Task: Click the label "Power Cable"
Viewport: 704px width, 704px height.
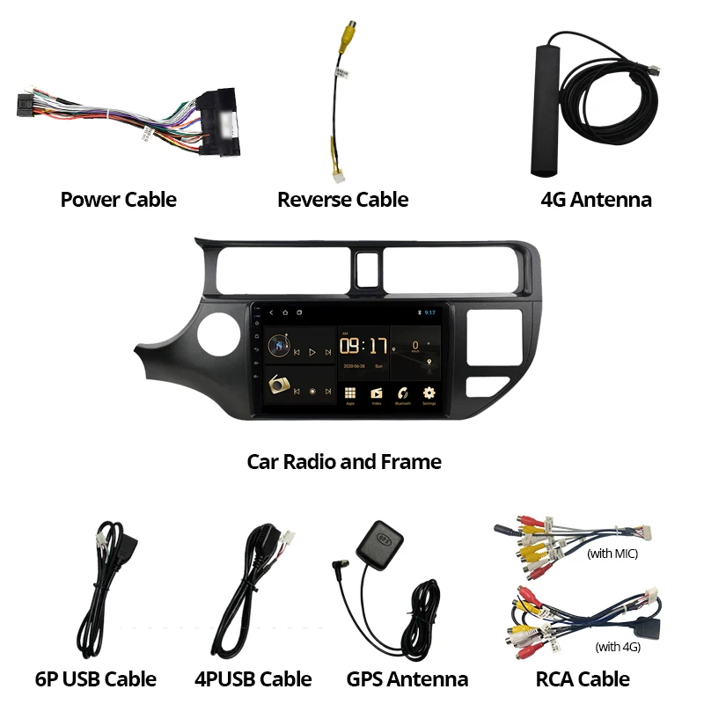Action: [118, 200]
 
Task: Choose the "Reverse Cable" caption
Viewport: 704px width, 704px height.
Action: [342, 200]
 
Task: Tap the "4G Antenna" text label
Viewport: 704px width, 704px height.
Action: [596, 200]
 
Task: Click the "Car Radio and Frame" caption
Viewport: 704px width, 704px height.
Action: [344, 461]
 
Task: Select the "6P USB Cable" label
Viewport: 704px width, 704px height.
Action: [96, 679]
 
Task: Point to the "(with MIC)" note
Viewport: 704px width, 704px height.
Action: [612, 554]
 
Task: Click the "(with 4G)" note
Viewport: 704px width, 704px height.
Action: [619, 647]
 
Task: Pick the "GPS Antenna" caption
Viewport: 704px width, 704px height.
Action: [407, 679]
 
